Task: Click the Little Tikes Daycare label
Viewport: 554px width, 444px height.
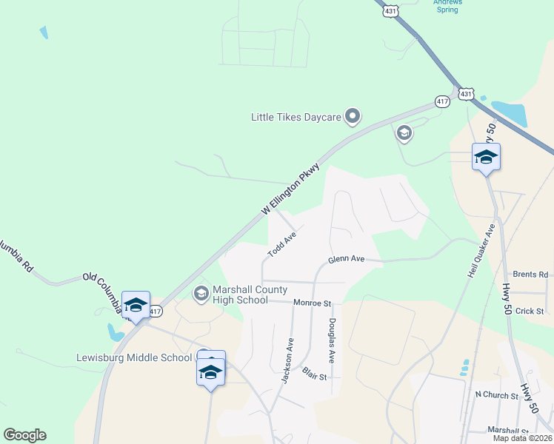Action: [296, 117]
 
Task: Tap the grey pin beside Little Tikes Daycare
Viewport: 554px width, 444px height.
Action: [353, 115]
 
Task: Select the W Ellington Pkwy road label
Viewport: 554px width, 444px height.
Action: [291, 189]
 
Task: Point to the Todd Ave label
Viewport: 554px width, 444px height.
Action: [282, 245]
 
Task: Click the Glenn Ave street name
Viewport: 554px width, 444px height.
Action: [347, 260]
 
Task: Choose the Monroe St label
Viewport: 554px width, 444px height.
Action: [312, 303]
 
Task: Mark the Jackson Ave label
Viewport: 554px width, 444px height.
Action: [288, 360]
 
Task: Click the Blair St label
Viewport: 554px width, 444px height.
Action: [314, 373]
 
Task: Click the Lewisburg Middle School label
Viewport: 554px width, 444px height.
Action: [134, 358]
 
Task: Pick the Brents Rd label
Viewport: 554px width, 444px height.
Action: [530, 275]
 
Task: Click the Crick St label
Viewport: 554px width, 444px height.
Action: [530, 312]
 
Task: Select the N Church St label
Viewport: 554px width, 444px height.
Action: [496, 395]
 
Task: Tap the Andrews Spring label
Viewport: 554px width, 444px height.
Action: [447, 6]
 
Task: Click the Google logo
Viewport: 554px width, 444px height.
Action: [24, 435]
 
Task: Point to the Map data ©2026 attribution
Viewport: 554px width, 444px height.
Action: [521, 438]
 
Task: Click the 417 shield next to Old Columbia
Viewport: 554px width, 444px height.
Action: [155, 312]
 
